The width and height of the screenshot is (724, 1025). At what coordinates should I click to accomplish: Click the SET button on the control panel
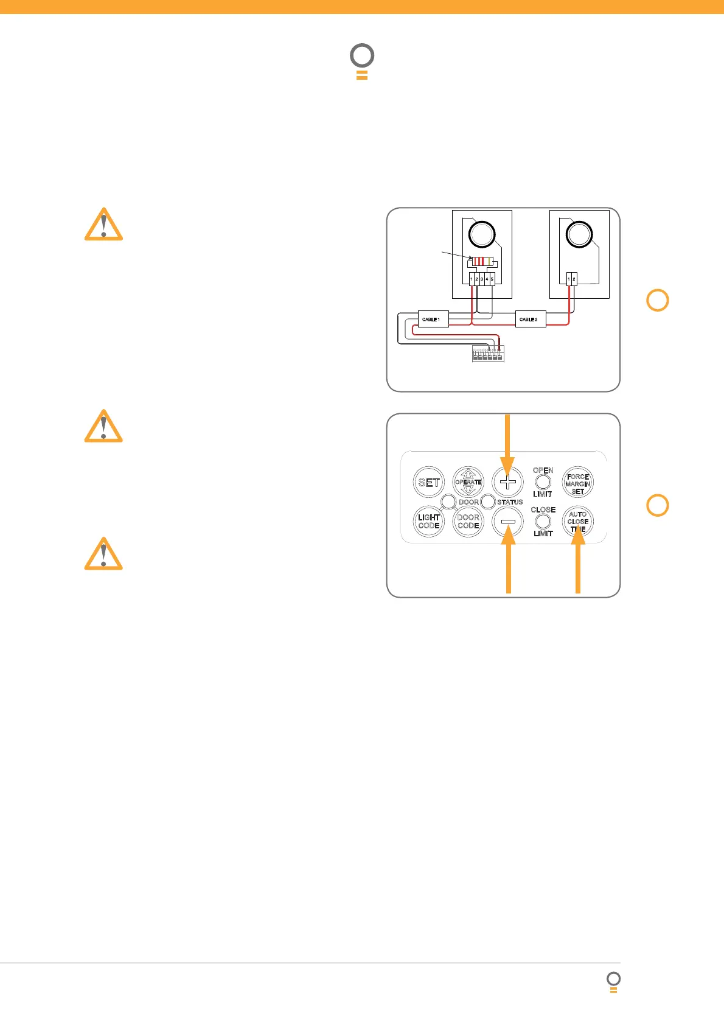tap(429, 483)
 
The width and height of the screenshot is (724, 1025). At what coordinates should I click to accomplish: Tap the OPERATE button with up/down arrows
tap(468, 482)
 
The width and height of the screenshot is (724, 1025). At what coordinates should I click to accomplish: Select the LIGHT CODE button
tap(429, 522)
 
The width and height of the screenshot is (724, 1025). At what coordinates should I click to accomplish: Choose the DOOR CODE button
tap(468, 522)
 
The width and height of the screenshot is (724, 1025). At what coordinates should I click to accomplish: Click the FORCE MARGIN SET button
tap(577, 483)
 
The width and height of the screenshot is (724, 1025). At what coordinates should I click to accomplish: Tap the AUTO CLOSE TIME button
tap(577, 522)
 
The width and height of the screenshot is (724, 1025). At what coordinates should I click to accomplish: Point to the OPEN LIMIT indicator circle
tap(543, 482)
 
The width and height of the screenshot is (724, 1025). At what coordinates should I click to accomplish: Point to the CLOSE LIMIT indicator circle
tap(543, 522)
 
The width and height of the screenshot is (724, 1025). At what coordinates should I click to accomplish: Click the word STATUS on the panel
tap(510, 502)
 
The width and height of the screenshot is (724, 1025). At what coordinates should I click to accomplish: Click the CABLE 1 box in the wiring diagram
tap(433, 319)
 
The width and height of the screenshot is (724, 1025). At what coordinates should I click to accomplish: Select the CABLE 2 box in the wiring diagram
tap(530, 319)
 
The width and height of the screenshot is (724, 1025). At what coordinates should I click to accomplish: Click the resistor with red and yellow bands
tap(482, 262)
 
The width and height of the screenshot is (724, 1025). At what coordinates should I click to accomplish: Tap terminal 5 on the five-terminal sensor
tap(492, 279)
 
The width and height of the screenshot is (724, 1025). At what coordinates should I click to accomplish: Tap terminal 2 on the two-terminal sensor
tap(574, 279)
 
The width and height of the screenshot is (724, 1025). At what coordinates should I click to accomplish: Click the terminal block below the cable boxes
tap(488, 354)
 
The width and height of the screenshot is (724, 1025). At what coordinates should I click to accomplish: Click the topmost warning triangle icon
tap(103, 225)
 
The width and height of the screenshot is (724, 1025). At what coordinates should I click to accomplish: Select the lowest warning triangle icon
tap(103, 554)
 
